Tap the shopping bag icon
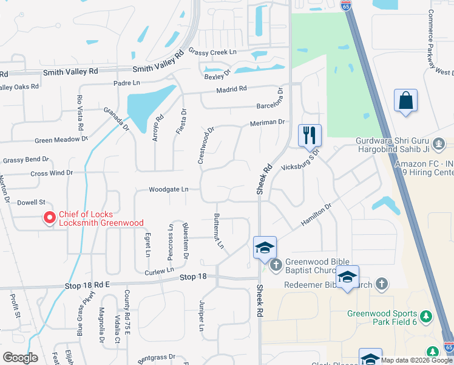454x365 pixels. pos(405,101)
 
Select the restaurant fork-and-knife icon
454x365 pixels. pos(310,136)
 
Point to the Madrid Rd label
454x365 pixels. pos(231,89)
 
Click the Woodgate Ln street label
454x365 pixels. pos(169,190)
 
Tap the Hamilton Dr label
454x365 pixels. pos(317,216)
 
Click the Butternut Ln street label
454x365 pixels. pos(220,231)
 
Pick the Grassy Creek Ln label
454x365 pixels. pos(212,52)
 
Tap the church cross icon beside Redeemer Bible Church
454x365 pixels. pos(381,283)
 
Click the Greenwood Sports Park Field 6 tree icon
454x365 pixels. pos(426,316)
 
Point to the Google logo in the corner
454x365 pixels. pos(20,358)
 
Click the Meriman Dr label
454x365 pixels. pos(267,122)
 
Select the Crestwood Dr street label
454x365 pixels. pos(206,145)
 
